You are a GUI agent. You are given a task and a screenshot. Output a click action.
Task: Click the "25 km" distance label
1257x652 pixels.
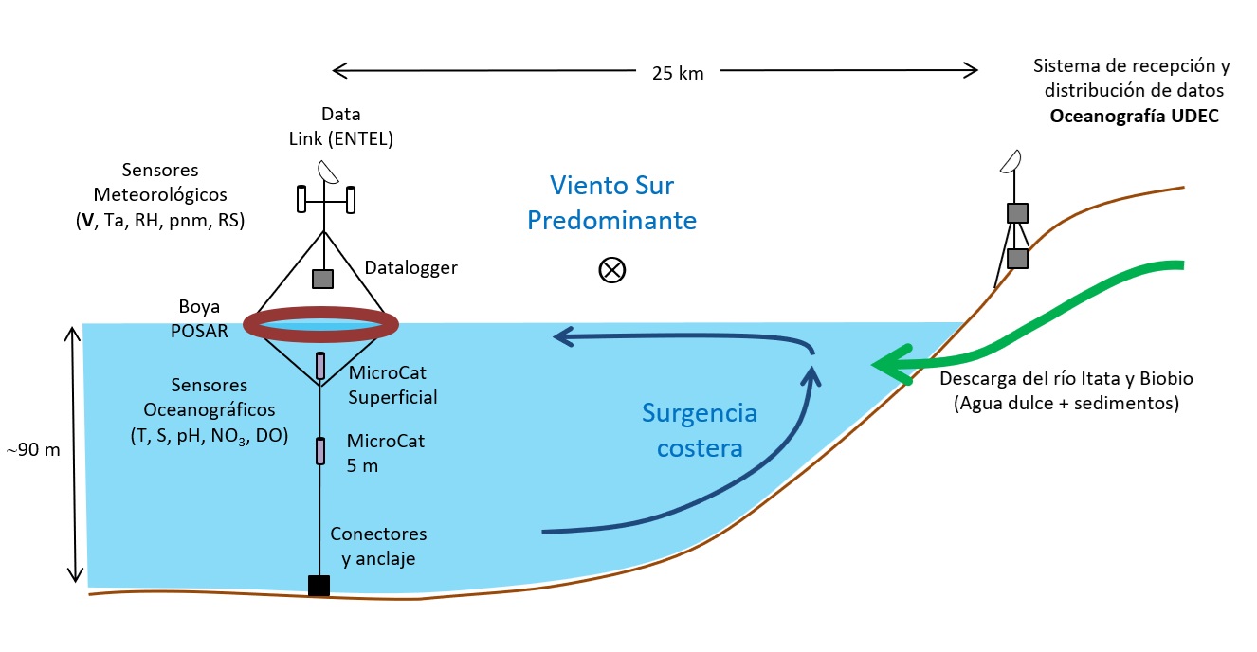coord(678,73)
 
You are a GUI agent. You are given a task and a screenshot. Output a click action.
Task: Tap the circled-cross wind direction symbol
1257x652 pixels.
coord(612,270)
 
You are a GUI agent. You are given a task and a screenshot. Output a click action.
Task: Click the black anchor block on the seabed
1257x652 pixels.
coord(319,586)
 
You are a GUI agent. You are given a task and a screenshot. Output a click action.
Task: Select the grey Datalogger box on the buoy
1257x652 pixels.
coord(323,279)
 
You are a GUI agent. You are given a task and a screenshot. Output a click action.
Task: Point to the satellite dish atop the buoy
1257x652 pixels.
coord(329,171)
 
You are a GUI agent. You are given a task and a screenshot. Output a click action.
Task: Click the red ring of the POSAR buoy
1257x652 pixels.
coord(320,325)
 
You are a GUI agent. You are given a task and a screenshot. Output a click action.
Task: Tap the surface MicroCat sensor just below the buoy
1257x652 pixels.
coord(320,365)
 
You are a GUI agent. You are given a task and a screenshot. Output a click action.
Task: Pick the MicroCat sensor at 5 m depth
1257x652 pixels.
coord(320,451)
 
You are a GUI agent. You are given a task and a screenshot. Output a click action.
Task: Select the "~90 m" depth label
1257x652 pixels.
coord(33,450)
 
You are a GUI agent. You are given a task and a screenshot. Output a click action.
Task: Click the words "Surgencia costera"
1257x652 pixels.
coord(699,430)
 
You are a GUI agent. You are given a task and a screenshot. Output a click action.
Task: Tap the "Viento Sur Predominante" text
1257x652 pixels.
coord(612,203)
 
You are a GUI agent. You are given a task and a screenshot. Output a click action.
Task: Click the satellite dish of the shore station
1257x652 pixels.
coord(1011,163)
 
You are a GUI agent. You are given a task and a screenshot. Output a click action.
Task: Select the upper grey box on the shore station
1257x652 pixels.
coord(1017,213)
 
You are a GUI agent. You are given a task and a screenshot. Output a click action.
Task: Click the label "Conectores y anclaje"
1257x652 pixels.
coord(378,547)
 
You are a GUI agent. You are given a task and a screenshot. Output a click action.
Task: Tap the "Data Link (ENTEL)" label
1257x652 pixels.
coord(340,126)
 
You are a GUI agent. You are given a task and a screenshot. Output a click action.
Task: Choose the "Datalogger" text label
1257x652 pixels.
coord(410,268)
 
